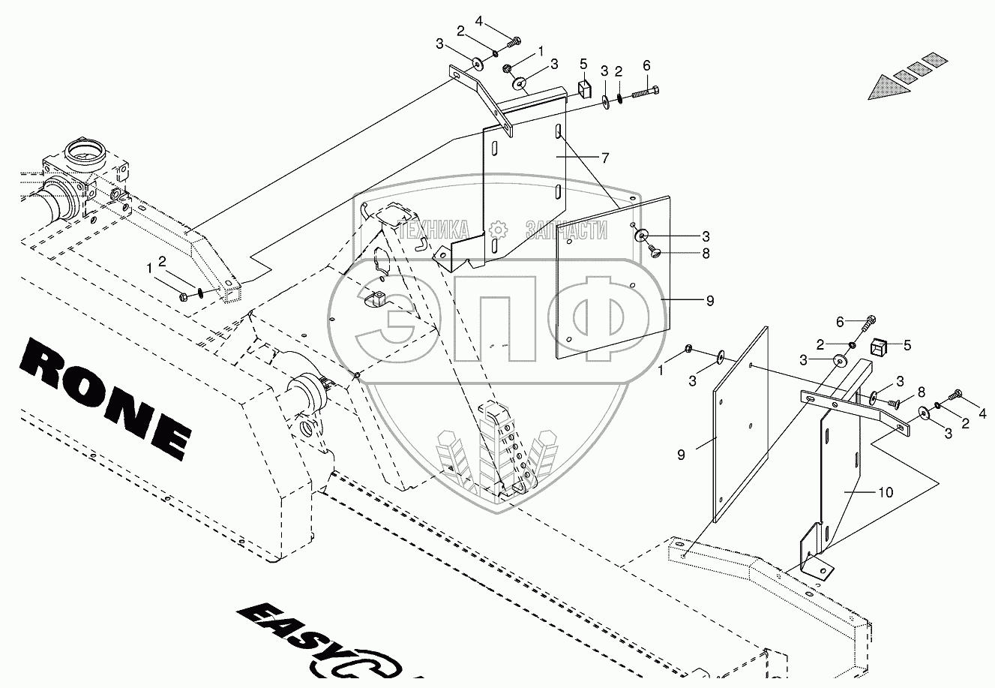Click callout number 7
(x=604, y=158)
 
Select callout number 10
(x=886, y=492)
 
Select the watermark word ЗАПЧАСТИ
(x=565, y=229)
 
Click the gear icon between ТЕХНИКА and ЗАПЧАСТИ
(x=499, y=228)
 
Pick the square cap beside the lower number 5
(x=880, y=347)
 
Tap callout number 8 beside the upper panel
(x=706, y=254)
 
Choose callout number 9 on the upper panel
(x=709, y=300)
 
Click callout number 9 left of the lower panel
(x=682, y=455)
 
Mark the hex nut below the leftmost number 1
(x=184, y=296)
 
